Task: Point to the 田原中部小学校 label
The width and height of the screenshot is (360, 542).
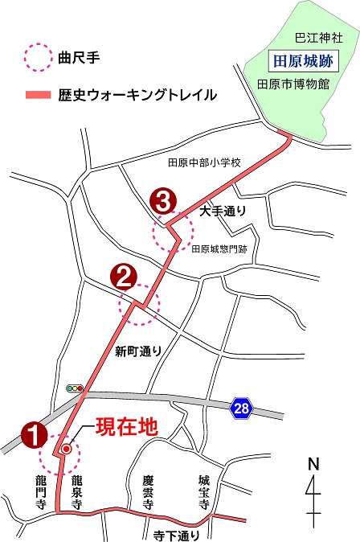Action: pyautogui.click(x=204, y=162)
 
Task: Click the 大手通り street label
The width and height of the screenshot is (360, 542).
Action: pyautogui.click(x=222, y=211)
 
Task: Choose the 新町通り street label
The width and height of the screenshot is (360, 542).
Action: pyautogui.click(x=138, y=351)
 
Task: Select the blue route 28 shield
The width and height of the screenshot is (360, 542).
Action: pyautogui.click(x=241, y=409)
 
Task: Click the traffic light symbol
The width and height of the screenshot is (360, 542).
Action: pyautogui.click(x=76, y=388)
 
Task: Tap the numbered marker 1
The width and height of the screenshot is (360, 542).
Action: pyautogui.click(x=33, y=434)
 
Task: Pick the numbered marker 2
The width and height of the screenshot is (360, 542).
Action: pyautogui.click(x=125, y=278)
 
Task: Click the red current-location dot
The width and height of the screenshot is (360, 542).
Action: pyautogui.click(x=67, y=450)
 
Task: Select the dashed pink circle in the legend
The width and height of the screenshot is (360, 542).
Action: pyautogui.click(x=35, y=59)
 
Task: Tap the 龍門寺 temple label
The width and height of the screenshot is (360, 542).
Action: pyautogui.click(x=42, y=491)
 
